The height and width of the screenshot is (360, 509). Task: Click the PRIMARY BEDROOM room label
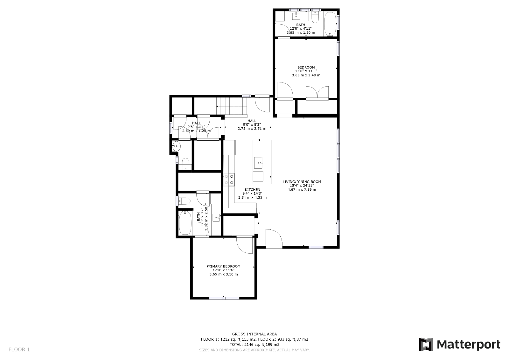click(223, 266)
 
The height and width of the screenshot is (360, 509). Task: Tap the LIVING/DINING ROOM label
click(302, 182)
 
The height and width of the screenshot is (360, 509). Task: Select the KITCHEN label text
click(252, 190)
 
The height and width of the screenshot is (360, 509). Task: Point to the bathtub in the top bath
click(330, 24)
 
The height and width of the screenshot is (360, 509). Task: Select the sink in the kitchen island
click(258, 163)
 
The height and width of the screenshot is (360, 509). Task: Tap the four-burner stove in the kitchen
click(229, 179)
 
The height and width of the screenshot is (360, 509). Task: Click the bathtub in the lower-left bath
click(185, 223)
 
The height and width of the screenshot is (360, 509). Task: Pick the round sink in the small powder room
click(176, 147)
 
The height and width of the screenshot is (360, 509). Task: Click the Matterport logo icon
click(426, 344)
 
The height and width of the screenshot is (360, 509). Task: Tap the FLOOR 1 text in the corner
click(19, 349)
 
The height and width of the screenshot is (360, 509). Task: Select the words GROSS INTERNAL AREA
click(254, 334)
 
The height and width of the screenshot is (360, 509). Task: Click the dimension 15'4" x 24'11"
click(302, 186)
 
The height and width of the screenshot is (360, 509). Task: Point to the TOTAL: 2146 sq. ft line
click(254, 344)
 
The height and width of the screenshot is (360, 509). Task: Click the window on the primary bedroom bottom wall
click(224, 298)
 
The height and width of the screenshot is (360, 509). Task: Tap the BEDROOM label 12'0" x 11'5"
click(306, 71)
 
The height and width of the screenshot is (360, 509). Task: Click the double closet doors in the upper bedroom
click(317, 92)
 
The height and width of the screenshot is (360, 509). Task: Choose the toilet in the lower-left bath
click(184, 201)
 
